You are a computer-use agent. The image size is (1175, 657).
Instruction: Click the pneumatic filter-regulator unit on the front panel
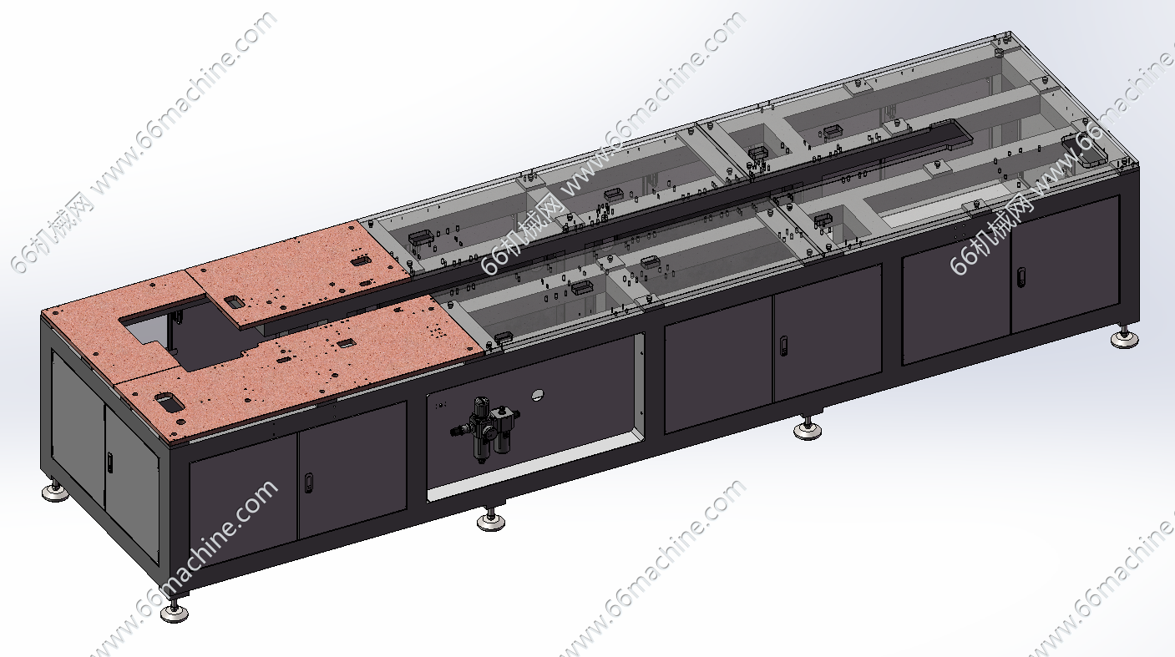pyautogui.click(x=485, y=429)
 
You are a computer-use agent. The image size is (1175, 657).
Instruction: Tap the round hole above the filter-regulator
pyautogui.click(x=537, y=394)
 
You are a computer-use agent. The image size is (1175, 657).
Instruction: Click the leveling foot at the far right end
pyautogui.click(x=1125, y=338)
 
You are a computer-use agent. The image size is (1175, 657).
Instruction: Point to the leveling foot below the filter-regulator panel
pyautogui.click(x=491, y=519)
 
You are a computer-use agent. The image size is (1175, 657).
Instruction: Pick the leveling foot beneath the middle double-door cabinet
pyautogui.click(x=808, y=428)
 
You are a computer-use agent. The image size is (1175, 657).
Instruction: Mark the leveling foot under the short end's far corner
pyautogui.click(x=56, y=490)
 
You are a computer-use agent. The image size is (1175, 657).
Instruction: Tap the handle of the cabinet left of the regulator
pyautogui.click(x=309, y=483)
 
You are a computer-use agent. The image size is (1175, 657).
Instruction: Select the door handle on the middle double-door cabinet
pyautogui.click(x=783, y=346)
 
